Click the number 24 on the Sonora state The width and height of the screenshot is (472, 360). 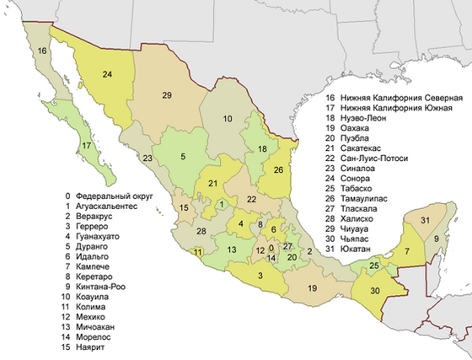[x=108, y=75]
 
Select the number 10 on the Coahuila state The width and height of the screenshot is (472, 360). [x=227, y=119]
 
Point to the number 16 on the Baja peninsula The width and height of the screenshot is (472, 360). [x=42, y=51]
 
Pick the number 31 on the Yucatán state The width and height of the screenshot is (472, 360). [x=426, y=221]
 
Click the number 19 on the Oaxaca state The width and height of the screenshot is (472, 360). [x=312, y=288]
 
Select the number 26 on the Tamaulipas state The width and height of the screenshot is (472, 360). [x=278, y=169]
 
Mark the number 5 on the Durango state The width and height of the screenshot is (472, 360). [x=182, y=156]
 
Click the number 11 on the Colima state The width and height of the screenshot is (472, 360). [x=197, y=252]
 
